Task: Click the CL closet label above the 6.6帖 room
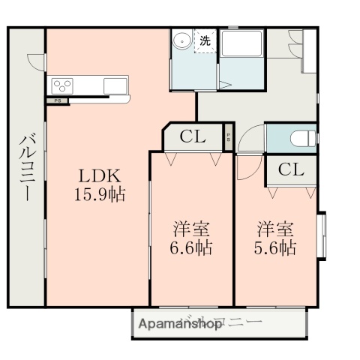193,137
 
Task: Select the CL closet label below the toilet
291,169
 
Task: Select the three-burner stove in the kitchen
62,84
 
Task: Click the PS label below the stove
57,100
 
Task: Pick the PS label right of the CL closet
228,137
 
